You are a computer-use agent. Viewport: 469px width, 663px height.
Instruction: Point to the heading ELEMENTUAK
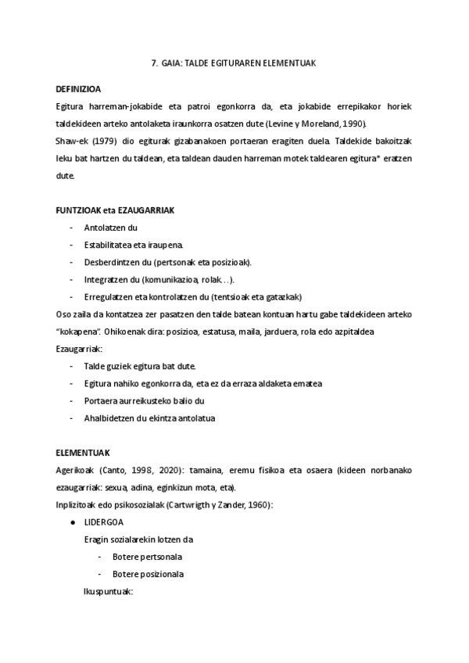(x=83, y=453)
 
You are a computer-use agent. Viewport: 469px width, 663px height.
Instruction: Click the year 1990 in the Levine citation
(x=353, y=124)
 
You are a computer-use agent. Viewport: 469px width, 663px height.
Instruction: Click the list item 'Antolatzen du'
(x=110, y=228)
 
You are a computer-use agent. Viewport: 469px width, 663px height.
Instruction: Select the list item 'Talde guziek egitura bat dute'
(x=140, y=366)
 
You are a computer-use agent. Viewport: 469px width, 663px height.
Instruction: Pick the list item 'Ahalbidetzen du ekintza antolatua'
(x=149, y=418)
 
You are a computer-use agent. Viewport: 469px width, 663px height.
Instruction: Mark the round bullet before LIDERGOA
(x=73, y=521)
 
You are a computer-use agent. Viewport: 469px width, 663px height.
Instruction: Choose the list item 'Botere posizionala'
(x=148, y=574)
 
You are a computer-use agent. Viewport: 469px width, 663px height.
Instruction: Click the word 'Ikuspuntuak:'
(x=109, y=591)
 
